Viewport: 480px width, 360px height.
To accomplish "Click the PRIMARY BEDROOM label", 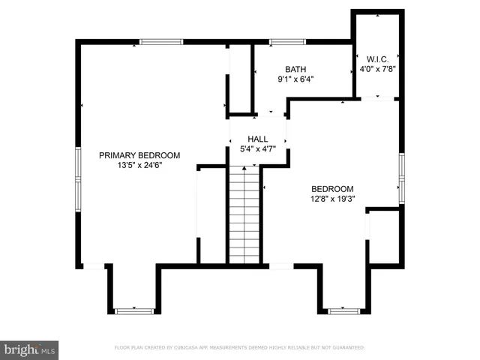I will click(139, 155).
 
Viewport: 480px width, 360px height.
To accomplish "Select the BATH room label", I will click(295, 69).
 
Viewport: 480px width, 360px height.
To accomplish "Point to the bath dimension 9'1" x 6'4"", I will click(295, 79).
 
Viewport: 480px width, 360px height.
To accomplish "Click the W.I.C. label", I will click(376, 58).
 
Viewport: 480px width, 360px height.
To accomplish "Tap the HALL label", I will click(257, 139).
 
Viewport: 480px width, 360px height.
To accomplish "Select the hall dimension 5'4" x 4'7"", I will click(257, 148).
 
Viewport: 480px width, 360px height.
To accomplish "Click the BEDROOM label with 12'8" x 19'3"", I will click(332, 189).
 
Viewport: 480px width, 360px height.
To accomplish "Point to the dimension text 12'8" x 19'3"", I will click(332, 199).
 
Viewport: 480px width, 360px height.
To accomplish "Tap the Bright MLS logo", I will click(30, 349).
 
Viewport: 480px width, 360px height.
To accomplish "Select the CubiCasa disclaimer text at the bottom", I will click(239, 347).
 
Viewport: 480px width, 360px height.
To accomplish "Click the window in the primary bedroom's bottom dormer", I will click(133, 310).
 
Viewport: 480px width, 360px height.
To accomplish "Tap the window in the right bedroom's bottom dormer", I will click(344, 310).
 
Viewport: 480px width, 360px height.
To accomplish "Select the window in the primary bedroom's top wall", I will click(161, 42).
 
